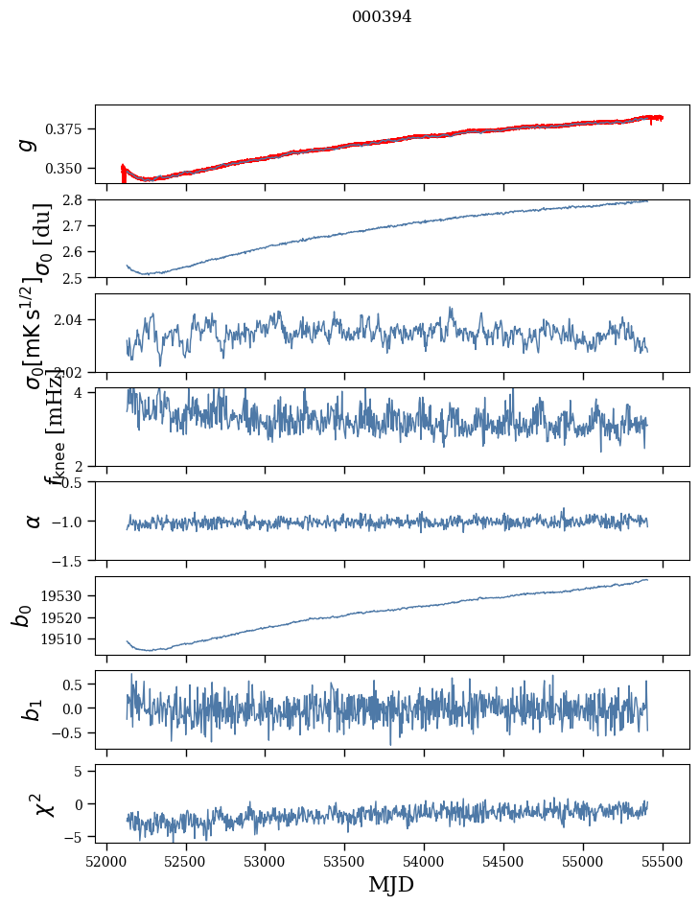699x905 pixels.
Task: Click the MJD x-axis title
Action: coord(391,885)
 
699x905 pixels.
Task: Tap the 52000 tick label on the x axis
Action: coord(106,860)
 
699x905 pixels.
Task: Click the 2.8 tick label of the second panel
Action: coord(77,199)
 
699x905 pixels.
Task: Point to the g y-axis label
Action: coord(29,144)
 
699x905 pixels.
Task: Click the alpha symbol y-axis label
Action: coord(34,521)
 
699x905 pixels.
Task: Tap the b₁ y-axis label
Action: coord(33,709)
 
